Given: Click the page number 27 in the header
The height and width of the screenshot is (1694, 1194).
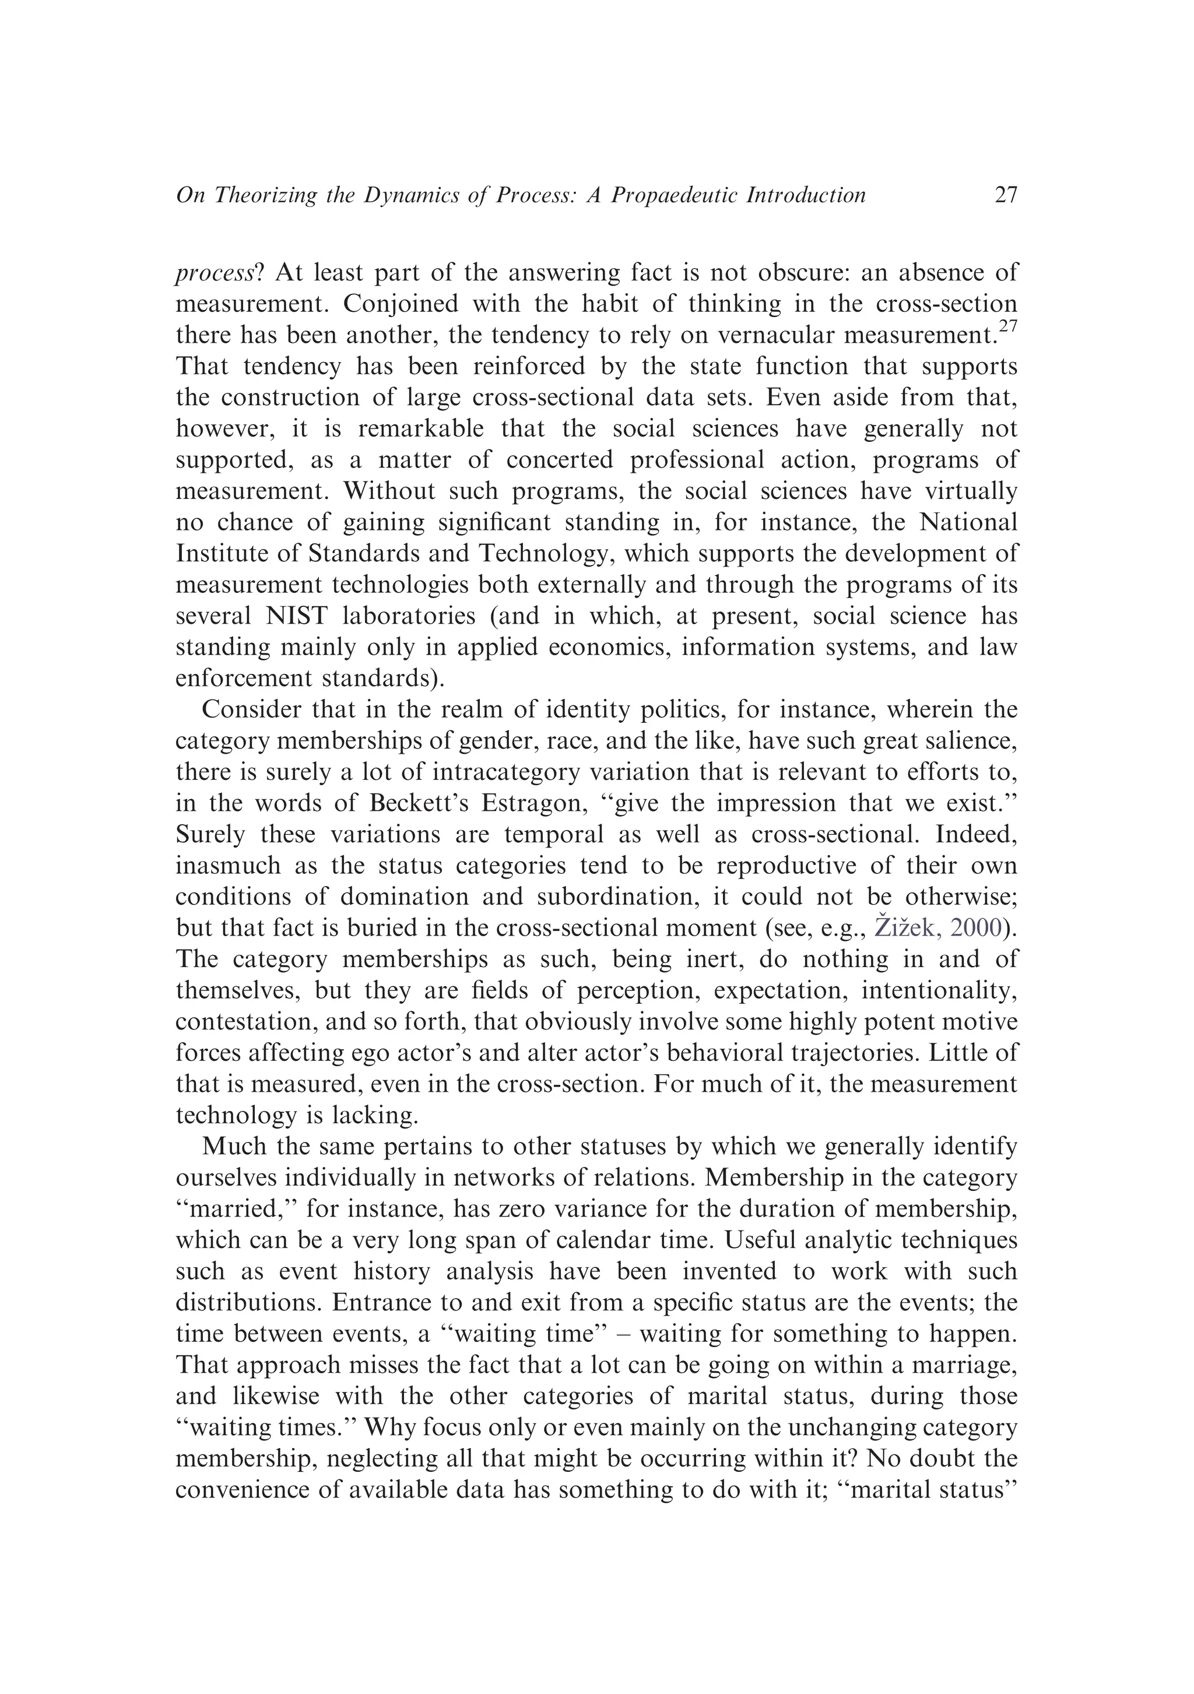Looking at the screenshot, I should click(1006, 195).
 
